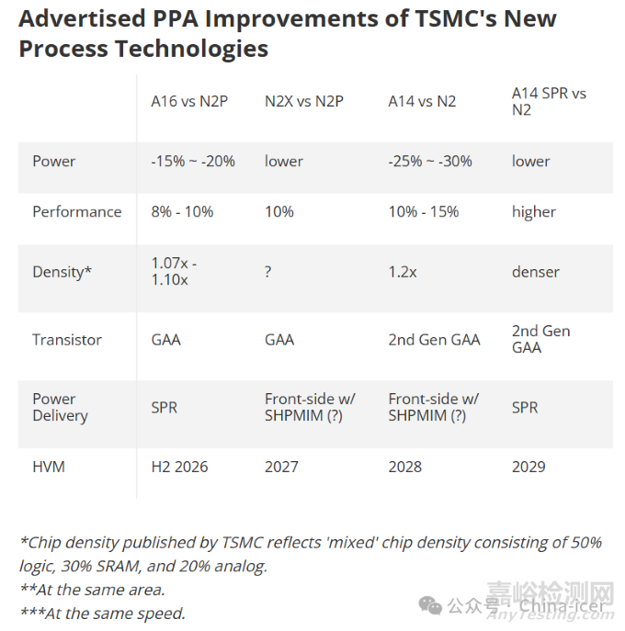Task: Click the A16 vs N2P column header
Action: [x=189, y=101]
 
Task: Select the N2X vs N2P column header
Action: [x=304, y=101]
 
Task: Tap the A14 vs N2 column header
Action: [x=422, y=101]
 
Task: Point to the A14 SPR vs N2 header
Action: [x=549, y=101]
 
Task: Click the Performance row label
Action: [x=76, y=211]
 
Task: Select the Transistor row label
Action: [x=67, y=340]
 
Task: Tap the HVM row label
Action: [x=49, y=467]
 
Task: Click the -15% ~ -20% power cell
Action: [x=193, y=161]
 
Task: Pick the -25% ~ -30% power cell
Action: [x=430, y=161]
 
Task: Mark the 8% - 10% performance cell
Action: [x=182, y=211]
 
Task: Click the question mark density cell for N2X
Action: [x=268, y=272]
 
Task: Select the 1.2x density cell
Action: [x=403, y=272]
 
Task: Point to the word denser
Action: [x=536, y=272]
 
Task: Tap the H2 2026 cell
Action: [x=179, y=467]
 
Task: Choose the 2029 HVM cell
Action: [x=528, y=467]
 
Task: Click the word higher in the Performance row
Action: [x=534, y=212]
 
